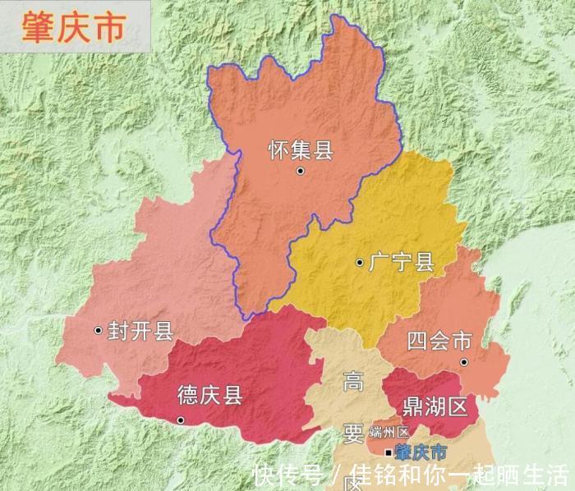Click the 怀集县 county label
(301, 150)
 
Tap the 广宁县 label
(401, 263)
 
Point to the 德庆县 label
(210, 396)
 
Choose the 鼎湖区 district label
(435, 405)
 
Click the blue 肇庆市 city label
(421, 452)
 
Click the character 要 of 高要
(353, 434)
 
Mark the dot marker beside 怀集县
(301, 171)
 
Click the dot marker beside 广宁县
(359, 263)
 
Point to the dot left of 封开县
(99, 330)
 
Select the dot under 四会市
(464, 361)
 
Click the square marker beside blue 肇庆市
(389, 452)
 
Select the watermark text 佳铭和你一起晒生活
(460, 475)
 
